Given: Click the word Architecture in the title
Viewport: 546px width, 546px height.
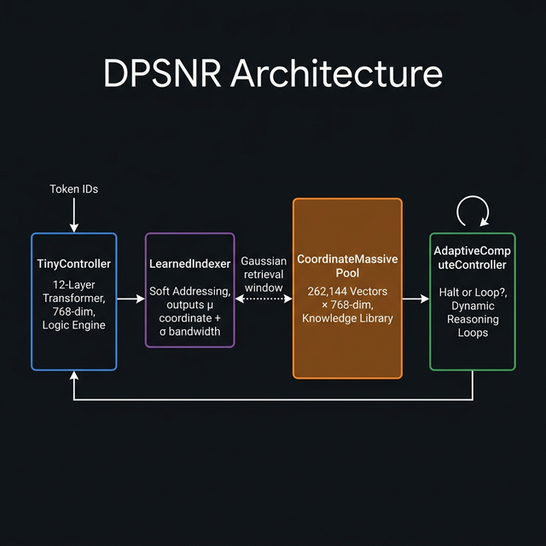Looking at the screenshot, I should (338, 74).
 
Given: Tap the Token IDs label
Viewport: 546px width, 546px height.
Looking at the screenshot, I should (73, 189).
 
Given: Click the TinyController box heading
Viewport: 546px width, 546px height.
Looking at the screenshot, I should (73, 264).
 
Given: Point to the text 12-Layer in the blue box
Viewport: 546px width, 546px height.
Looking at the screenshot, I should (73, 284).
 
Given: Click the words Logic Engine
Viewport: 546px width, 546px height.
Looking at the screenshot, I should (73, 325).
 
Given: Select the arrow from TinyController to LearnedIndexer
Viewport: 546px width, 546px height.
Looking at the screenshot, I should (131, 299).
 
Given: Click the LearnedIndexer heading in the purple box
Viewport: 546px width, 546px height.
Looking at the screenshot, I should (189, 264).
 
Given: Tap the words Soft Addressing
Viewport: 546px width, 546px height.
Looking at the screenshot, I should (189, 291).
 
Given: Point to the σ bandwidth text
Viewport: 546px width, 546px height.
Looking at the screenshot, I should (189, 331).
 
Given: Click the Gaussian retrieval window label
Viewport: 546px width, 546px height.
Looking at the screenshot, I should (263, 274).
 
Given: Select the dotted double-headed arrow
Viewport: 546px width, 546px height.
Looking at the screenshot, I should (263, 299).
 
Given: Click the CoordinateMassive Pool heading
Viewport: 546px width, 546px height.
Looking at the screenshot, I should (347, 265).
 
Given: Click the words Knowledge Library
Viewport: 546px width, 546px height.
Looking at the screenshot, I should (347, 318).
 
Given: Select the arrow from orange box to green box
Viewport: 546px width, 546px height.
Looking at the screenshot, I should (415, 299).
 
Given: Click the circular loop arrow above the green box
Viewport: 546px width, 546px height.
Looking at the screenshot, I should (473, 210).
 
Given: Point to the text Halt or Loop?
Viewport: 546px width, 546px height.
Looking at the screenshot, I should (472, 292).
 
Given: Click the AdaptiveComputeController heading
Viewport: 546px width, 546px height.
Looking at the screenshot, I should (472, 258).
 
